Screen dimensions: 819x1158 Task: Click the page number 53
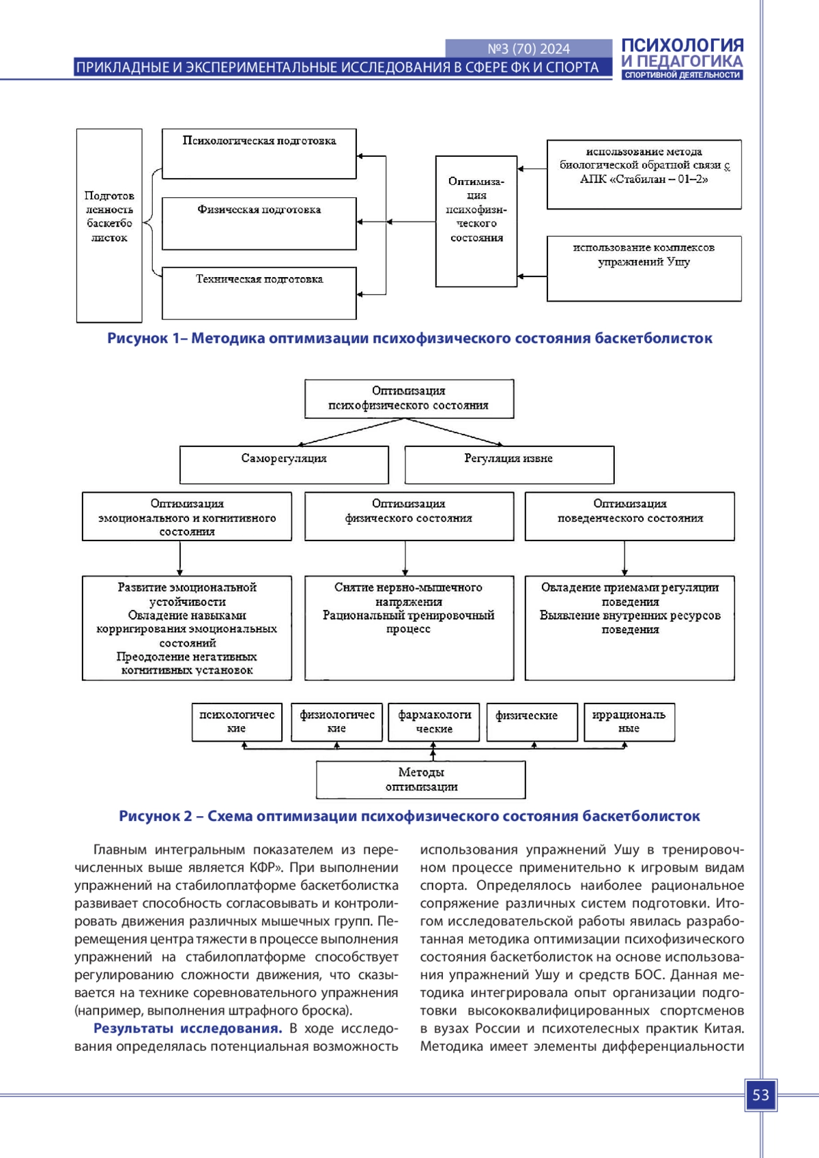(x=760, y=1095)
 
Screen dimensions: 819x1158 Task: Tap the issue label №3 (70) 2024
(x=528, y=48)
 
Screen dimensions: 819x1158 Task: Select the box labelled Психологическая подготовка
(x=259, y=154)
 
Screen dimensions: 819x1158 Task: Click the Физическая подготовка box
(x=259, y=223)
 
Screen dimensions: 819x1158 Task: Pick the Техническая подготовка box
(x=259, y=293)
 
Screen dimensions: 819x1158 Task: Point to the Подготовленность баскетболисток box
(x=109, y=225)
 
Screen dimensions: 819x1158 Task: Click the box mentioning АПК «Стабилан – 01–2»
(x=644, y=174)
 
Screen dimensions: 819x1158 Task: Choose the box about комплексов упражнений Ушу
(x=644, y=269)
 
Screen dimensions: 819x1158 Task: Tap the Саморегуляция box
(x=284, y=465)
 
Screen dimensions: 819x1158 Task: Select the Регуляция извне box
(x=509, y=465)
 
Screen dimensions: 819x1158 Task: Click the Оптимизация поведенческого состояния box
(x=630, y=517)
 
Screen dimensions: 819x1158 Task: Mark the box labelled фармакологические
(x=434, y=722)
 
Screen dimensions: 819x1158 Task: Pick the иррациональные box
(x=629, y=722)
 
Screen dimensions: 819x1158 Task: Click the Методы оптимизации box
(x=421, y=779)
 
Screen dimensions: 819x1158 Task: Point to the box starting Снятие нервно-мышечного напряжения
(x=409, y=628)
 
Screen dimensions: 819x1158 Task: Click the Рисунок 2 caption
(x=409, y=815)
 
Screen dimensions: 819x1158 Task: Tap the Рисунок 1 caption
(x=409, y=338)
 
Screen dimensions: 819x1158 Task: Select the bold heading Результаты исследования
(x=188, y=1028)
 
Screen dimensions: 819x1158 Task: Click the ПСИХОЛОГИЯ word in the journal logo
(x=682, y=45)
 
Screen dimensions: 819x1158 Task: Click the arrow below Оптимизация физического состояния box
(x=405, y=558)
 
